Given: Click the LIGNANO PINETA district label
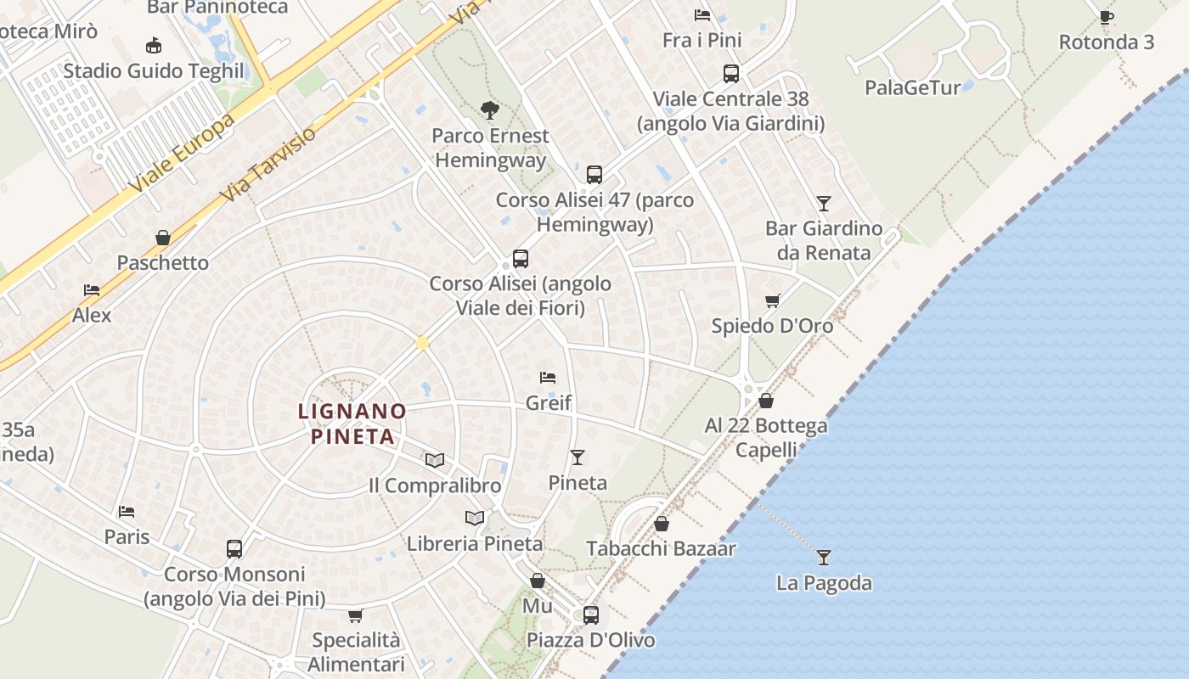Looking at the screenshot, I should click(x=352, y=424).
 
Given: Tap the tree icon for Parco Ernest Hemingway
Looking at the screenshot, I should click(x=489, y=109).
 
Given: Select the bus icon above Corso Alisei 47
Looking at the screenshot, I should click(x=594, y=175).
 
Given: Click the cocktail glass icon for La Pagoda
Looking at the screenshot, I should click(x=823, y=558).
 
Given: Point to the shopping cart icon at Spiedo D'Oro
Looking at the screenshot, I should click(x=772, y=300).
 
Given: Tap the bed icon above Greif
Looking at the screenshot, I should click(x=548, y=377).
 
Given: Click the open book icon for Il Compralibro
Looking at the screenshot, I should click(x=435, y=460).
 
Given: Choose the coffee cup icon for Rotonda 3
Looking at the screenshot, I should click(x=1106, y=17).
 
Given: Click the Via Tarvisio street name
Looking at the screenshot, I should click(x=267, y=165).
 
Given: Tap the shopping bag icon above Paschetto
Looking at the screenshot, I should click(x=163, y=238).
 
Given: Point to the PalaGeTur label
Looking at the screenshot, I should click(x=913, y=87).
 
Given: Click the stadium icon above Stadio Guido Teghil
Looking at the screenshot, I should click(x=154, y=45).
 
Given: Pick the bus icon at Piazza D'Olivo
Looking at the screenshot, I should click(x=591, y=615).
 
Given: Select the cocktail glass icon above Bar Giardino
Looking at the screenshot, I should click(x=823, y=204).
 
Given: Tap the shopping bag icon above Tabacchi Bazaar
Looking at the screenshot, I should click(x=662, y=524).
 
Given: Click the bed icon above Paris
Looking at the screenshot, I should click(x=127, y=511).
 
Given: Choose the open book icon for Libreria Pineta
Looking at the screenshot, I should click(x=475, y=518).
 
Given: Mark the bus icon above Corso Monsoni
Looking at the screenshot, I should click(x=234, y=549).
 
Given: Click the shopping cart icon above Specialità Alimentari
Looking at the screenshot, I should click(x=356, y=615).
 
